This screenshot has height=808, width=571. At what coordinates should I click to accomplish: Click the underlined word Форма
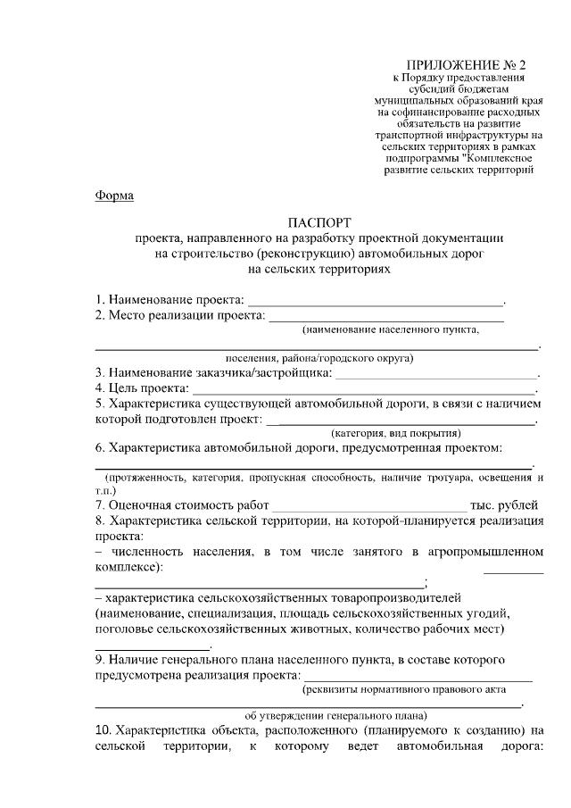click(114, 196)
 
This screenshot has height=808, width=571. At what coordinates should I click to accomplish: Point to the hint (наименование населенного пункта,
click(390, 330)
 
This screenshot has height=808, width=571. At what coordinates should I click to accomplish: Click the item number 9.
click(100, 660)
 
